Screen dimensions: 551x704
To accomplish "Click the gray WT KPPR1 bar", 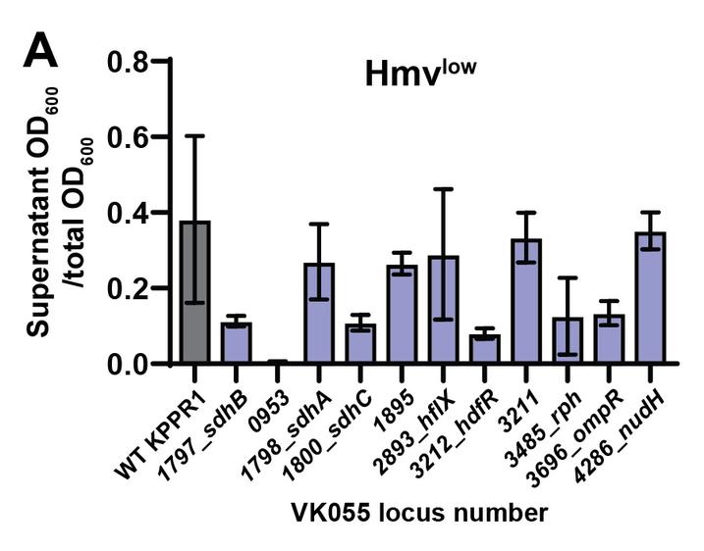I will (x=194, y=294).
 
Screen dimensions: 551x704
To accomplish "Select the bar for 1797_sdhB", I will (x=236, y=343).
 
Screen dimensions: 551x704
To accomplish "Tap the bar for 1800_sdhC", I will (x=360, y=344).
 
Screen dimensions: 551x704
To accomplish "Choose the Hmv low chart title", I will (x=419, y=74).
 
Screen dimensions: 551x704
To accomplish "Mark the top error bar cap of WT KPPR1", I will (x=194, y=136).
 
